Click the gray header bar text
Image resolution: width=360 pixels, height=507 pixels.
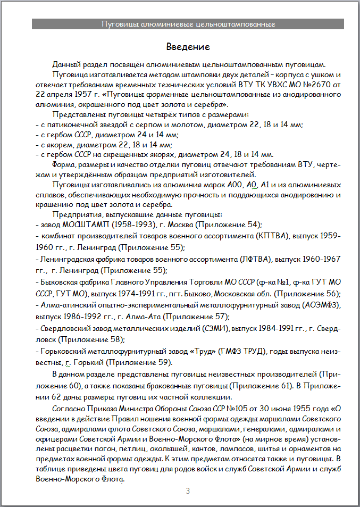pyautogui.click(x=188, y=24)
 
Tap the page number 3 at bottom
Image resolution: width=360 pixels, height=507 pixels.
pyautogui.click(x=188, y=490)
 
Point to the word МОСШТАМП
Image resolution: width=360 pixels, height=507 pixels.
pyautogui.click(x=82, y=224)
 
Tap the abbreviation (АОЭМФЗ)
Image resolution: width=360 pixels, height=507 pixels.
pyautogui.click(x=320, y=305)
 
